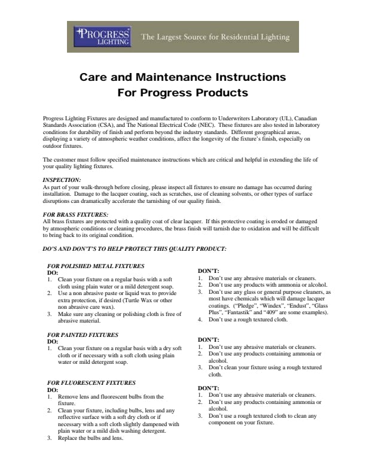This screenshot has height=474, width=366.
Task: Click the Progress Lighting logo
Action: [102, 37]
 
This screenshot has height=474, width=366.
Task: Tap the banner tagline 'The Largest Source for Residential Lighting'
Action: [215, 37]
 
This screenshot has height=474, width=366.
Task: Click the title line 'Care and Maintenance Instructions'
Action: [182, 78]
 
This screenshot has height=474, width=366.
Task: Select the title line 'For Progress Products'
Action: [182, 93]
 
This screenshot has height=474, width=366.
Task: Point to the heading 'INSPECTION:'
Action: [62, 180]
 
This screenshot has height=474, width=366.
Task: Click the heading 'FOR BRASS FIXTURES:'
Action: [75, 214]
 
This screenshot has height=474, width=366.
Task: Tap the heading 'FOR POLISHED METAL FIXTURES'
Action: [96, 266]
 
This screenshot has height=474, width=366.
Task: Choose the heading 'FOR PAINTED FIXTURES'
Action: [83, 335]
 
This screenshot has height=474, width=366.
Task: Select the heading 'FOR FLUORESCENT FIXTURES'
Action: [91, 382]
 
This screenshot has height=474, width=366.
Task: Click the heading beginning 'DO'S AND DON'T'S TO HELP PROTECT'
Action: [135, 248]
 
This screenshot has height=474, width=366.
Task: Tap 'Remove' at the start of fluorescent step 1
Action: [68, 396]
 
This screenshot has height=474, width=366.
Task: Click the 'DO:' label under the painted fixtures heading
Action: [52, 342]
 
